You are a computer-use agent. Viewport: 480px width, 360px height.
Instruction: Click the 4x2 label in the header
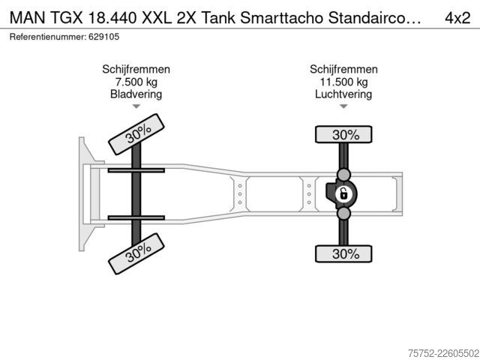[x=457, y=18]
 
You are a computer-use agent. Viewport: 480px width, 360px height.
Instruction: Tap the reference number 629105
[x=104, y=37]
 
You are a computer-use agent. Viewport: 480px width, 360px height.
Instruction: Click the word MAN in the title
[x=26, y=18]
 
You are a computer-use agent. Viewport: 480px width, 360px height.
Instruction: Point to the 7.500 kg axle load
[x=136, y=82]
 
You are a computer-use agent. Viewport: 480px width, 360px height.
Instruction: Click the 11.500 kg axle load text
[x=343, y=82]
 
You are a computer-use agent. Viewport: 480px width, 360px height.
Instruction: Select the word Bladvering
[x=136, y=94]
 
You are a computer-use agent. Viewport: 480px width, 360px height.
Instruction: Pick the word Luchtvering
[x=343, y=94]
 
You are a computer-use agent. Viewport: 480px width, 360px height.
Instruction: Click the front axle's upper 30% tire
[x=136, y=134]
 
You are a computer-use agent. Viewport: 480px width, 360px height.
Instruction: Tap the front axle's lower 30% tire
[x=136, y=253]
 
